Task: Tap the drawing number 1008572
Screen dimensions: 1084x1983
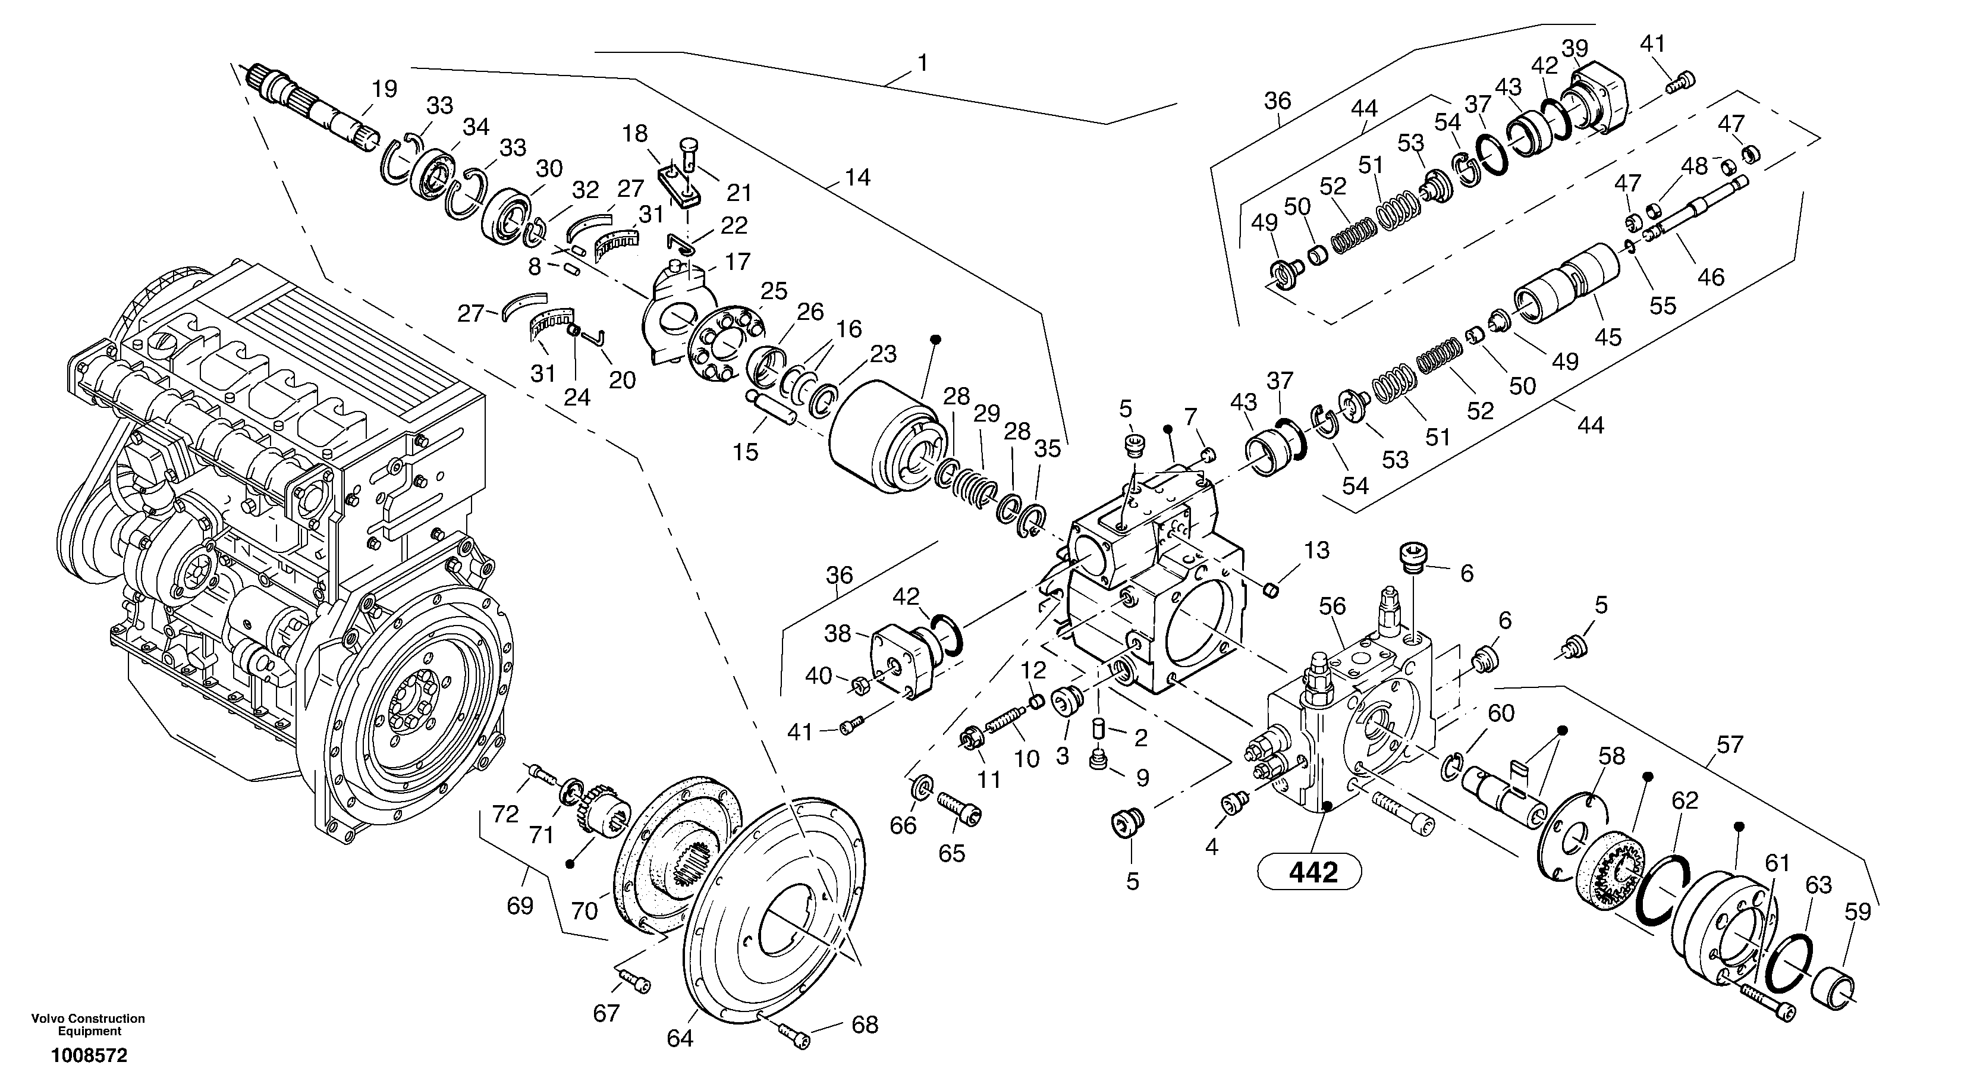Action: tap(89, 1055)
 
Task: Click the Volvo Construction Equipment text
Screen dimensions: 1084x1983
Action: tap(88, 1025)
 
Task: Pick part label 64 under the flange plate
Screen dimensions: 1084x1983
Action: tap(680, 1039)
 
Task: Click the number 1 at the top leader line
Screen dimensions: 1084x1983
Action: tap(922, 63)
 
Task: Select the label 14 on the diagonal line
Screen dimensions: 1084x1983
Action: tap(857, 178)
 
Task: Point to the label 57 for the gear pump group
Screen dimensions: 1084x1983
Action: tap(1729, 744)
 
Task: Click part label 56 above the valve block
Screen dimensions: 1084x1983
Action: tap(1333, 607)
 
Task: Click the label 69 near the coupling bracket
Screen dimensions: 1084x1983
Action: tap(520, 906)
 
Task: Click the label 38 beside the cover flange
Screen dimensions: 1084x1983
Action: tap(838, 634)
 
